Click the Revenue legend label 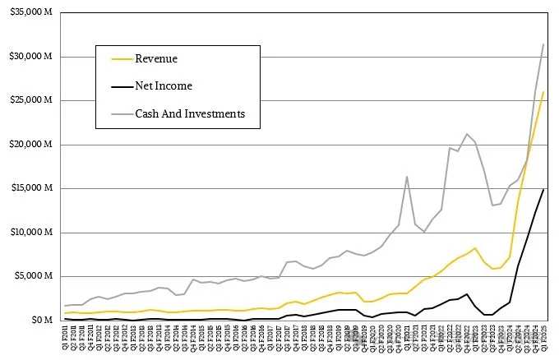click(156, 59)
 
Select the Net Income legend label click(163, 86)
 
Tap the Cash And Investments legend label click(189, 113)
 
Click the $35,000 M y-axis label click(30, 13)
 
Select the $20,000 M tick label click(30, 145)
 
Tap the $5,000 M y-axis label click(33, 275)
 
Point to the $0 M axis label click(39, 320)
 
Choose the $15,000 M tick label click(30, 188)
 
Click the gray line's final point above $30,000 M click(543, 44)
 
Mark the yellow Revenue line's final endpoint click(543, 92)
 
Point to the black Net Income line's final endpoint click(543, 189)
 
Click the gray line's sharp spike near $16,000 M click(407, 176)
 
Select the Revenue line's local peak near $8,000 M click(475, 247)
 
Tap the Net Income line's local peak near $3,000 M click(467, 293)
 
